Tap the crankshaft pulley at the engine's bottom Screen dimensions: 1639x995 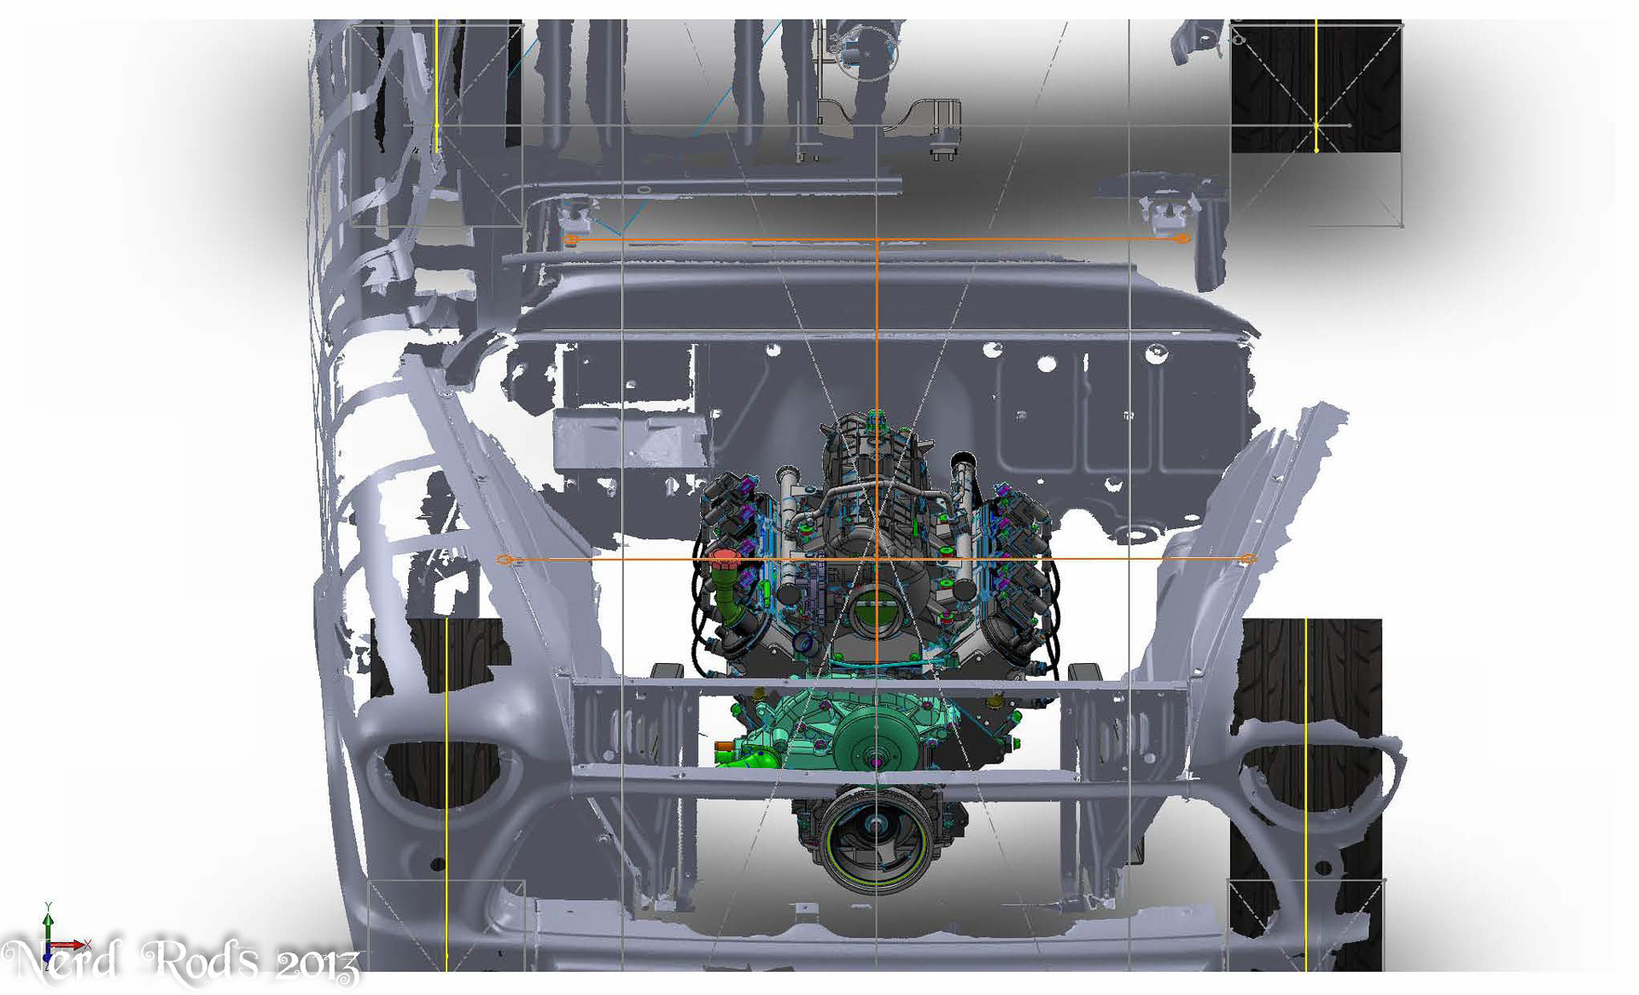click(x=876, y=840)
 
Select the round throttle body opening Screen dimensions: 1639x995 click(x=875, y=614)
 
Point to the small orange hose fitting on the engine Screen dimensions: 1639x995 click(x=724, y=748)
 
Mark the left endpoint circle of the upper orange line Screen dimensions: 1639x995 click(x=571, y=240)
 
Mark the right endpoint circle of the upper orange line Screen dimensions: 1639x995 click(x=1182, y=238)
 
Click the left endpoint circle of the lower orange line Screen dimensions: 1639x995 click(x=505, y=560)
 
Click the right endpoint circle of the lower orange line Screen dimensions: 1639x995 click(x=1248, y=559)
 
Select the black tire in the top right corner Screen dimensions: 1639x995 click(x=1315, y=85)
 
